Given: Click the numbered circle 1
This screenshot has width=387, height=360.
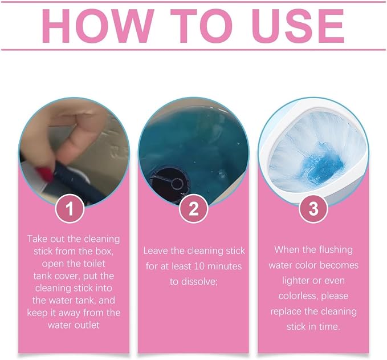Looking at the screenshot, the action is [x=70, y=208].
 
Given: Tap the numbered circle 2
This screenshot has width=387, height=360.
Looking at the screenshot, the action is [x=194, y=208].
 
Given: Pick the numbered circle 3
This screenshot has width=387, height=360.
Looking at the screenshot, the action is [x=313, y=208].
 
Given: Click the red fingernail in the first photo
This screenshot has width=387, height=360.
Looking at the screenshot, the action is [x=44, y=173].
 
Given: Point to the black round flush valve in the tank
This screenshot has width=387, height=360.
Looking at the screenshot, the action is [x=169, y=183].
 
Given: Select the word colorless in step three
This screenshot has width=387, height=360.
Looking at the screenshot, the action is [x=298, y=296].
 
